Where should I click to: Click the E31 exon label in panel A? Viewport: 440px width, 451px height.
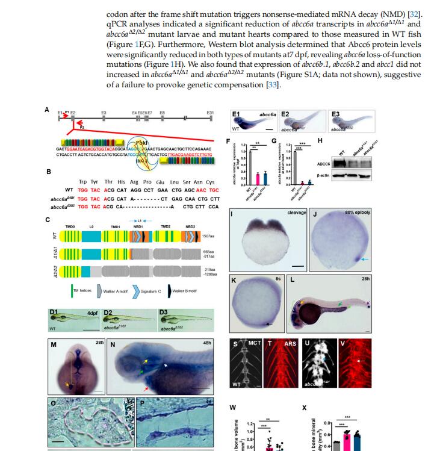pos(210,112)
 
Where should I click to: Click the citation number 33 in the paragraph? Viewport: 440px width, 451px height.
pos(272,84)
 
